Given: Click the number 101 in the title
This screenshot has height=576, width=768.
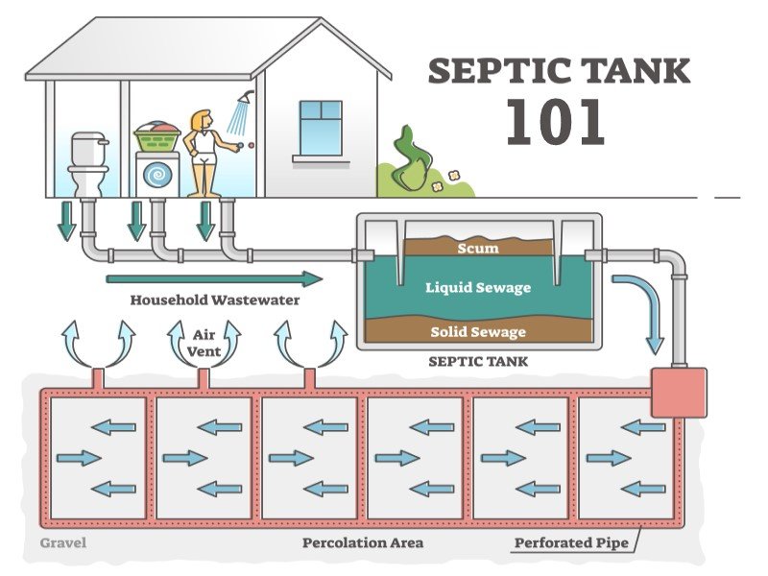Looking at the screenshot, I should (556, 122).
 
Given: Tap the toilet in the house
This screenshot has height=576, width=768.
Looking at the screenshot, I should (87, 164).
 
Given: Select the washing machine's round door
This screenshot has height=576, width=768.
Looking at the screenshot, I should (157, 175).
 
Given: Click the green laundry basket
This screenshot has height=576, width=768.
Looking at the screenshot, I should (158, 139).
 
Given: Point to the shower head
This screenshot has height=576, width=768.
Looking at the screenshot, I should (247, 98).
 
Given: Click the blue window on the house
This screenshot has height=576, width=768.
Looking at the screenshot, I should (320, 127).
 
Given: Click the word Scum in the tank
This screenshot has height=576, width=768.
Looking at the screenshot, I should (478, 249).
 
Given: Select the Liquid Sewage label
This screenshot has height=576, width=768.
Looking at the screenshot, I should (478, 286).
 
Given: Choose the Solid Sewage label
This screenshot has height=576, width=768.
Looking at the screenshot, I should (478, 332).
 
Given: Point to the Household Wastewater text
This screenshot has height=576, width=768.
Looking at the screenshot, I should (214, 300).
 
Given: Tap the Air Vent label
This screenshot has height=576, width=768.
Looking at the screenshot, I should (204, 343).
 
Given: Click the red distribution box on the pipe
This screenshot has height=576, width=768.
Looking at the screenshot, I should (678, 392).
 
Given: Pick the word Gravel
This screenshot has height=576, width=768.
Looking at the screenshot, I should (63, 543).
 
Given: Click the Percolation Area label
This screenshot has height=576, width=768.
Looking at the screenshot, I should (363, 543).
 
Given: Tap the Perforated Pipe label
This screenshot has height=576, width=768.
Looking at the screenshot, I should (571, 543).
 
